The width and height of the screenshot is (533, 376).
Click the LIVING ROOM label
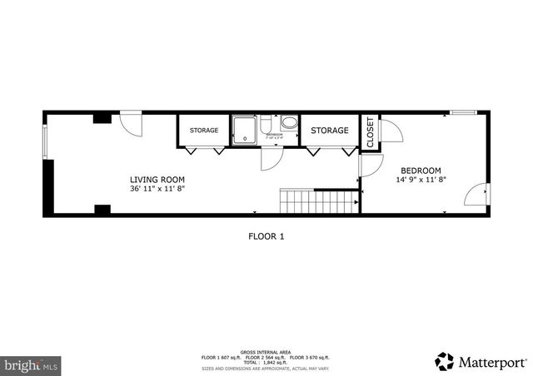(x=157, y=180)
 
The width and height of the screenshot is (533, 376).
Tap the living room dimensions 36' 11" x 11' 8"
(x=157, y=189)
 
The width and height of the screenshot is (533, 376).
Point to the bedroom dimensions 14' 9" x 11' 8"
(x=421, y=179)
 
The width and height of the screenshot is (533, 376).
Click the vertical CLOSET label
(x=371, y=132)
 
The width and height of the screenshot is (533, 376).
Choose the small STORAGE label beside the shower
(x=203, y=131)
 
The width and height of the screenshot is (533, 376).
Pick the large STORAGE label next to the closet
(x=329, y=131)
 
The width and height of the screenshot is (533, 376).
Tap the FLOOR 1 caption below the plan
(x=266, y=236)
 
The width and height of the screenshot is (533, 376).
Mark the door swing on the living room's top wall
(x=131, y=123)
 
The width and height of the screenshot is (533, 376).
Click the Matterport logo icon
(x=445, y=361)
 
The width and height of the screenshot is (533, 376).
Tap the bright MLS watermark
(x=32, y=364)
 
